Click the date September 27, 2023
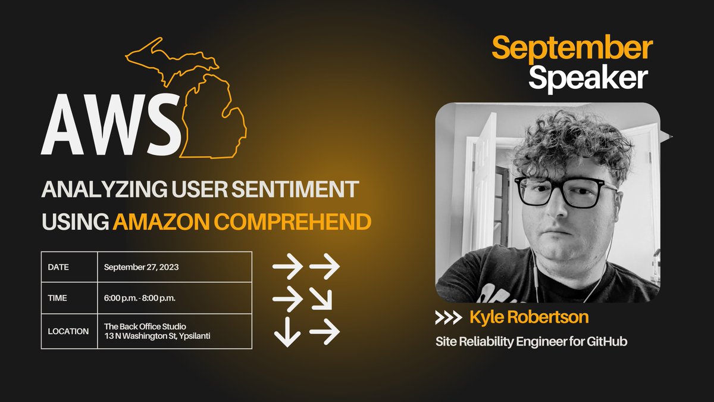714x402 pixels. click(x=141, y=267)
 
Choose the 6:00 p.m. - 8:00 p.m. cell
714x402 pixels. click(x=140, y=298)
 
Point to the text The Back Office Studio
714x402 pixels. click(x=145, y=326)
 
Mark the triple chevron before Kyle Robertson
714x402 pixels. click(x=448, y=318)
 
